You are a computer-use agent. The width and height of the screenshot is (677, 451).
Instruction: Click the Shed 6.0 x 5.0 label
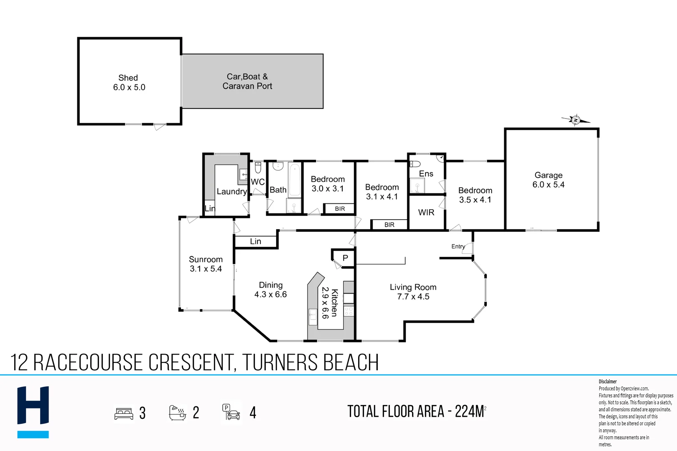(129, 83)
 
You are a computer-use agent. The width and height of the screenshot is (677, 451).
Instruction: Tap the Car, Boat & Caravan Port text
(247, 81)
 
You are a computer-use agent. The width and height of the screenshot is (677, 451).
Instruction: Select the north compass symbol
(575, 120)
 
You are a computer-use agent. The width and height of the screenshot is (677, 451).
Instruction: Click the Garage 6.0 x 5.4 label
(548, 180)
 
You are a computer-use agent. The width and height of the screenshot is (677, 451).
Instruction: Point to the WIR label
(426, 213)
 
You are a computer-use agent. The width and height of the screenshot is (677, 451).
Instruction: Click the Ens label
(426, 174)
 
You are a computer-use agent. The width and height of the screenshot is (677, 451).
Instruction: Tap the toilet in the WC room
(258, 167)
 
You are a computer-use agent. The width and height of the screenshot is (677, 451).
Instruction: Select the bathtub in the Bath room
(295, 180)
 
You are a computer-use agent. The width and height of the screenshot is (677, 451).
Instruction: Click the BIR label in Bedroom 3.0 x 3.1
(340, 209)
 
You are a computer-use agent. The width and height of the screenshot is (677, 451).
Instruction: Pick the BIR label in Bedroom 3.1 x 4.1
(389, 225)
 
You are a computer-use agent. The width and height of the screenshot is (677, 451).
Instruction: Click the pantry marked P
(345, 258)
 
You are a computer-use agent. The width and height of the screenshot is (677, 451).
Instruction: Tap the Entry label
(458, 246)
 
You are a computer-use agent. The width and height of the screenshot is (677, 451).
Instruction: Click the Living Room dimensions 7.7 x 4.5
(413, 296)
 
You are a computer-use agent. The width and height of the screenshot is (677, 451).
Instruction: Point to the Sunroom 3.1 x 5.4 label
(206, 264)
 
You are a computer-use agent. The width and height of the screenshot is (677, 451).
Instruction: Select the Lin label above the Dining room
(255, 241)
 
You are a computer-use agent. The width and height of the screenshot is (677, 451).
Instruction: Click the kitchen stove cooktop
(349, 311)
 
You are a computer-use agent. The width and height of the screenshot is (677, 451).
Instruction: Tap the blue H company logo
(33, 411)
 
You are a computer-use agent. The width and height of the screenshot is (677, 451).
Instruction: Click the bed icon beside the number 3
(124, 413)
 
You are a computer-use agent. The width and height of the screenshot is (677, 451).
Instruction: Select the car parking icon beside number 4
(231, 412)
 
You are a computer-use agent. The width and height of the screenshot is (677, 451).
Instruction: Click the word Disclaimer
(607, 381)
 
